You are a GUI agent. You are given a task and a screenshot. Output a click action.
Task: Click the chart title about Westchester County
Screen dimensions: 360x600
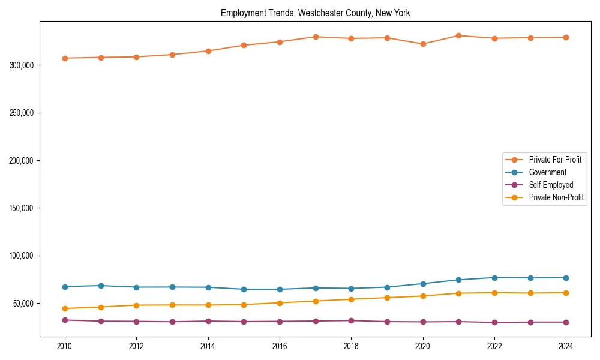click(x=315, y=13)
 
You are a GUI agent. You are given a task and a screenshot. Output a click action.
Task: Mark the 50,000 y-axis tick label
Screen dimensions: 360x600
click(x=23, y=304)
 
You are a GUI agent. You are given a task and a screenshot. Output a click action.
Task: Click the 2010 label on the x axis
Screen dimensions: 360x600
click(x=65, y=346)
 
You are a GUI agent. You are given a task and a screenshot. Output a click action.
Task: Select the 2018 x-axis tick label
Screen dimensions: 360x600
click(x=351, y=346)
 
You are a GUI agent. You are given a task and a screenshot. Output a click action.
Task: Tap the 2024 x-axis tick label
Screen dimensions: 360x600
click(x=566, y=346)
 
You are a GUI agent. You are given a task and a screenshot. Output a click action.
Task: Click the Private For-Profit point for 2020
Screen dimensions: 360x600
click(x=423, y=44)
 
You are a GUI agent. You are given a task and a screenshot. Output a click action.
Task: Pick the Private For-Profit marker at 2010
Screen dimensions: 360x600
click(x=65, y=58)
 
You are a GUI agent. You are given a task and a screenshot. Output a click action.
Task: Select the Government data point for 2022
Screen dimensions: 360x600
click(x=494, y=278)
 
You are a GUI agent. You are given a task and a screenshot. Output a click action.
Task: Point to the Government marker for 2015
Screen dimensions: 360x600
click(x=244, y=289)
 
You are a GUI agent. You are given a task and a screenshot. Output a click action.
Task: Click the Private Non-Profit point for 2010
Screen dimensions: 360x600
click(x=65, y=308)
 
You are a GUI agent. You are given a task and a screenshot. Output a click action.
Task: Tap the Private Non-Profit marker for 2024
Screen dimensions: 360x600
click(x=566, y=293)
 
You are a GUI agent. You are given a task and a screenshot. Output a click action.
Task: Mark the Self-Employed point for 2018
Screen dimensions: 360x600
click(x=351, y=320)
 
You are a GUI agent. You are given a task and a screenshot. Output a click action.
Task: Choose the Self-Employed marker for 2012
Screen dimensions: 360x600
click(x=136, y=322)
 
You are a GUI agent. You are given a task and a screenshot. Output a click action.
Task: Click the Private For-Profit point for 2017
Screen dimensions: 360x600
click(x=316, y=37)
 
